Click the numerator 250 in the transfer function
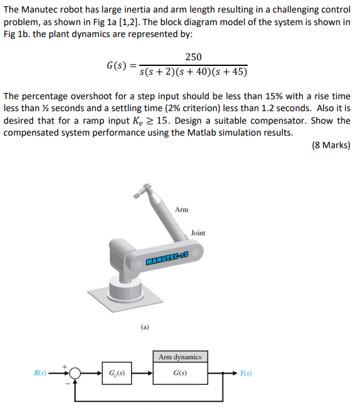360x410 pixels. [193, 57]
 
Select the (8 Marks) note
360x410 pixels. [331, 145]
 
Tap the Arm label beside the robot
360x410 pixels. [181, 210]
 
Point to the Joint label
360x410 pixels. [198, 233]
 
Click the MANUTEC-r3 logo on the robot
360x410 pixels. [167, 258]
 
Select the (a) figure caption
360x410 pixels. [145, 327]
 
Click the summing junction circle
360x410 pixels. [75, 373]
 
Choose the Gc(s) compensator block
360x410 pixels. [117, 373]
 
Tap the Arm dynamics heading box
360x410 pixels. [180, 357]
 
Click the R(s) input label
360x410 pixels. [40, 373]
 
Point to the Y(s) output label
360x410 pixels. [246, 373]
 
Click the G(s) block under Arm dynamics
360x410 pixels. [180, 373]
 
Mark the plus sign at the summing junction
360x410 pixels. [65, 367]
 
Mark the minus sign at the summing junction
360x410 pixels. [68, 384]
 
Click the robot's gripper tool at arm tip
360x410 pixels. [142, 190]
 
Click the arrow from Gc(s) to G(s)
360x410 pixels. [142, 373]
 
